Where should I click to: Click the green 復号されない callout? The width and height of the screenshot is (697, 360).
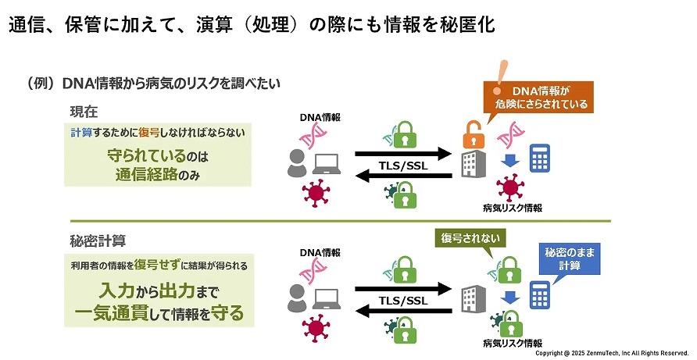tap(467, 238)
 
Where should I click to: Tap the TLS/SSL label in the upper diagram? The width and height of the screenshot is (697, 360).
tap(403, 164)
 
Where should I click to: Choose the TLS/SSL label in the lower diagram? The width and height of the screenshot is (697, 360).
tap(403, 301)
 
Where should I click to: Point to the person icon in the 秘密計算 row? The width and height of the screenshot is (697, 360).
tap(297, 299)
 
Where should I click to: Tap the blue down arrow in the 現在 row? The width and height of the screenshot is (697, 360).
tap(508, 161)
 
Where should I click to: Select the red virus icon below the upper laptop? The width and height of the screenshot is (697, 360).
tap(316, 194)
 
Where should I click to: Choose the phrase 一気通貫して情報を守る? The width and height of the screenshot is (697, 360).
tap(159, 314)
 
